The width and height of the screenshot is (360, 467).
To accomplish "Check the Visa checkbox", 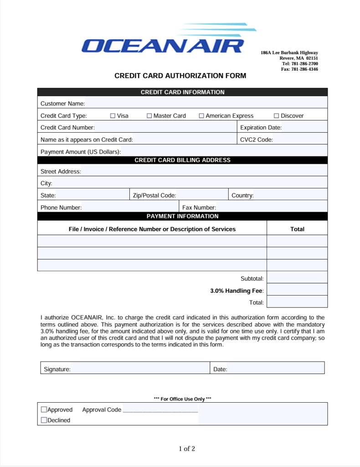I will (113, 116).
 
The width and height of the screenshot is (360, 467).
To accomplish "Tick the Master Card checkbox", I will (149, 116).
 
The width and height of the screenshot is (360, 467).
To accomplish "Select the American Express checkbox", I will (201, 116).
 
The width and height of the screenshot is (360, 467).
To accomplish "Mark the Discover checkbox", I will (276, 116).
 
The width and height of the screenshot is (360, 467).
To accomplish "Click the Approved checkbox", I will (44, 410).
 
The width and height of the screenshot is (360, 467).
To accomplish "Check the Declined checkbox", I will (44, 420).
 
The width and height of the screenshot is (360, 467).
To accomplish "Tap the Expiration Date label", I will (261, 128).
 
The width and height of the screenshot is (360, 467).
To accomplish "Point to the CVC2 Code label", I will (256, 140).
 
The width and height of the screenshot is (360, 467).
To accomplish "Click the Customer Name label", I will (62, 104).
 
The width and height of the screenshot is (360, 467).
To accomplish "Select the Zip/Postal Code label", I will (154, 195).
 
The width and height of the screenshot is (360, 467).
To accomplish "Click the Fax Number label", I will (199, 208).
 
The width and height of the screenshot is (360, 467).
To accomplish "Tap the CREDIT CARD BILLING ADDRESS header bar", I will (182, 160).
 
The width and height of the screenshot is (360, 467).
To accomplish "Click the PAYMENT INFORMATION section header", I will (182, 216).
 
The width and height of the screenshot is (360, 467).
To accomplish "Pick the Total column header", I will (297, 229).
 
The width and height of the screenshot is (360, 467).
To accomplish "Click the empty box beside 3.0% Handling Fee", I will (297, 290).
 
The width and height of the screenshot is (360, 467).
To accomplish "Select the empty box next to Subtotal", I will (297, 277).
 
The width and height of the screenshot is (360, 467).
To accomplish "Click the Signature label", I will (57, 369).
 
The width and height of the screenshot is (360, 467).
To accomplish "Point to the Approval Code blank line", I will (160, 410).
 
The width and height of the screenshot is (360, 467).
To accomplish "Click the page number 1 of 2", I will (187, 449).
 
